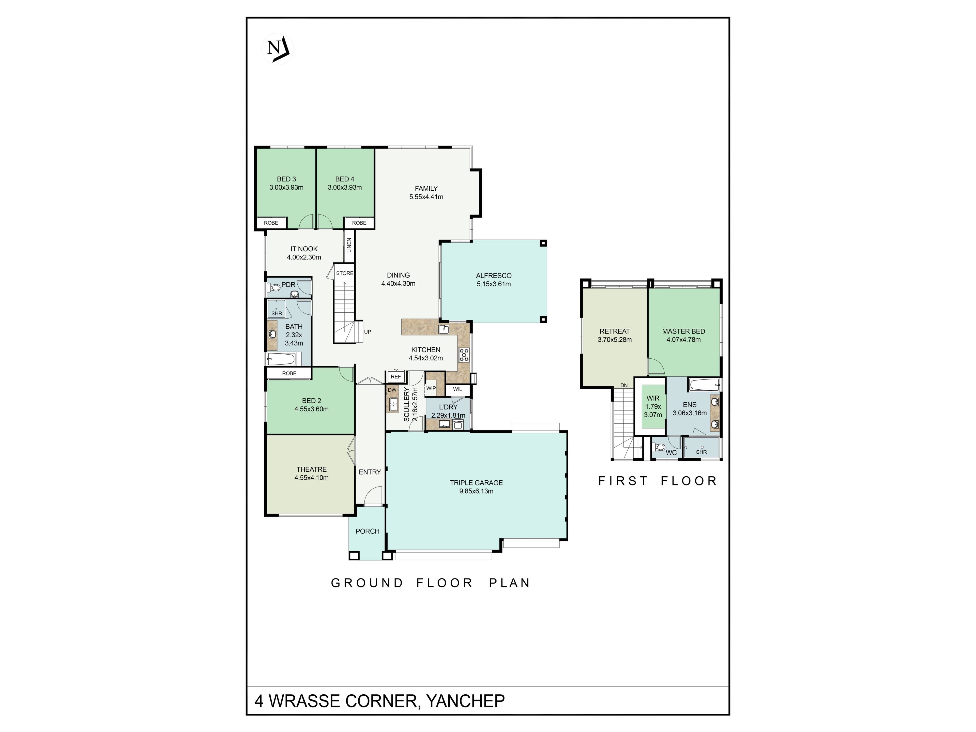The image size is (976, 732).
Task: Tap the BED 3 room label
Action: (286, 179)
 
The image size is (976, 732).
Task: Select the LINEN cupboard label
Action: (349, 245)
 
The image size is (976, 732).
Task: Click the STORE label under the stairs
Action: (345, 273)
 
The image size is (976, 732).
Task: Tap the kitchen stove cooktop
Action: (464, 354)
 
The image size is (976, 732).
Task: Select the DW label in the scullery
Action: (392, 390)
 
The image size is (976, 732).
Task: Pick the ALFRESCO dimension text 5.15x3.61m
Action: (494, 284)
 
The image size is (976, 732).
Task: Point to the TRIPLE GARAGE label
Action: (476, 483)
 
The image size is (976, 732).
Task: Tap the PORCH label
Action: (368, 531)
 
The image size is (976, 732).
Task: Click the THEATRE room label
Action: (312, 469)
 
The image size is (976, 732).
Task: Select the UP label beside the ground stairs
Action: (368, 332)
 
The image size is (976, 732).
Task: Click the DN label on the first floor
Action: (624, 386)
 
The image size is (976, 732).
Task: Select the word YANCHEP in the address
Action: (465, 701)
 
